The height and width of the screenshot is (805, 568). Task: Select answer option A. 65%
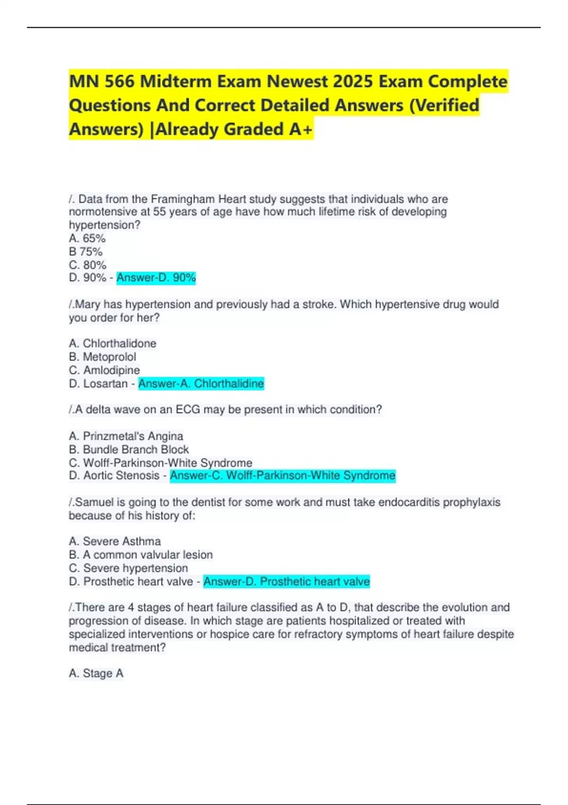(87, 238)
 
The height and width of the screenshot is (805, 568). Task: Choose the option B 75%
(86, 251)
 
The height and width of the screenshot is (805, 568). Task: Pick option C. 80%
(88, 265)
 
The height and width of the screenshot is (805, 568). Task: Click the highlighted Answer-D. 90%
(156, 277)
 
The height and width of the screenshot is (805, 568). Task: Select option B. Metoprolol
(102, 357)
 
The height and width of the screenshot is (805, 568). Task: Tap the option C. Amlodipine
(104, 370)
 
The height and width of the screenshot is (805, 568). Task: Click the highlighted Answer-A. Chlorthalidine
(201, 383)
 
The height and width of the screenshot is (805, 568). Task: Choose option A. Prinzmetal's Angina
(126, 436)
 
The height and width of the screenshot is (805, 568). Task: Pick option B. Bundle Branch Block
(129, 449)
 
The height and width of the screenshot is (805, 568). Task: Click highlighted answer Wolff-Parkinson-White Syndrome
(283, 475)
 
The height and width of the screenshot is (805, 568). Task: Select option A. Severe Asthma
(115, 541)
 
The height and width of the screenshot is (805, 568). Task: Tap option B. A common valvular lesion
(141, 555)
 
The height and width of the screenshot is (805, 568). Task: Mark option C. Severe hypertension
(128, 568)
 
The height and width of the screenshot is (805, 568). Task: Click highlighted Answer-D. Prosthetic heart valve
(286, 581)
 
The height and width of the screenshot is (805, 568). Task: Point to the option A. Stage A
(96, 673)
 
